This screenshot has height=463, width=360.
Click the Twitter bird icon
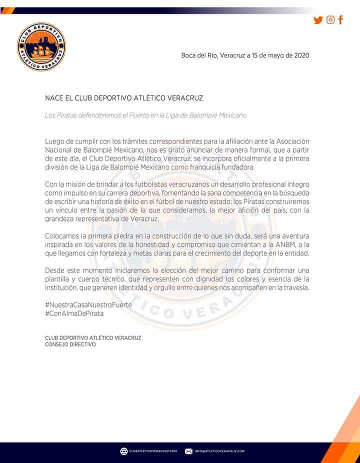tap(318, 20)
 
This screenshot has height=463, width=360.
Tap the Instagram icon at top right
tap(330, 19)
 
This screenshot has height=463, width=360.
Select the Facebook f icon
tap(341, 20)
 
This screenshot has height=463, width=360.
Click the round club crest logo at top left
tap(41, 46)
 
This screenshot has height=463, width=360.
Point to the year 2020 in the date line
tap(301, 55)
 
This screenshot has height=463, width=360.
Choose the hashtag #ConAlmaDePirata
tap(74, 313)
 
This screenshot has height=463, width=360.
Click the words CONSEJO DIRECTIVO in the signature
tap(70, 344)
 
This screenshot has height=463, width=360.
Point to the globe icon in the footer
tap(124, 451)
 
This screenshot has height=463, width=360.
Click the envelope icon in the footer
tap(188, 451)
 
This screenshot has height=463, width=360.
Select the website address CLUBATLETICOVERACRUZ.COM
tap(153, 451)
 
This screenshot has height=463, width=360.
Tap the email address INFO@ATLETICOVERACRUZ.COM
tap(219, 451)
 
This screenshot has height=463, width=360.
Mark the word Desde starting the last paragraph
tap(55, 270)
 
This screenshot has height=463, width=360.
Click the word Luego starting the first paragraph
tap(55, 141)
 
